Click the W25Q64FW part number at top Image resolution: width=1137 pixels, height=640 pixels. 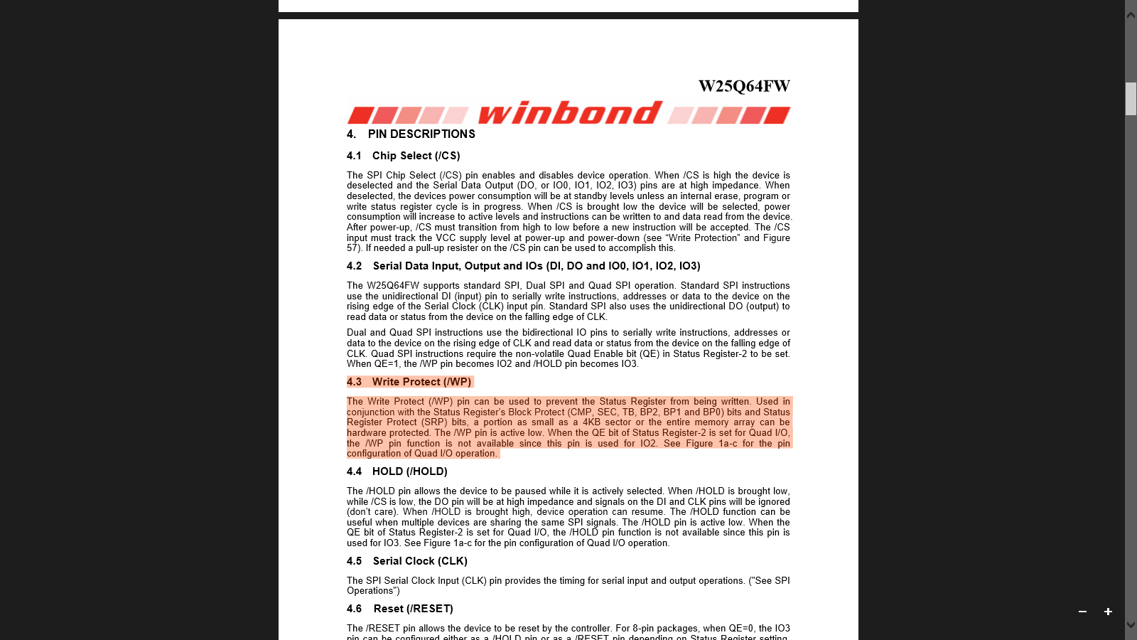click(744, 87)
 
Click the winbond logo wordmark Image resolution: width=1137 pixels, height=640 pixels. click(570, 113)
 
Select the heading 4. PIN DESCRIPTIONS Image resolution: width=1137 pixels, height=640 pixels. click(411, 134)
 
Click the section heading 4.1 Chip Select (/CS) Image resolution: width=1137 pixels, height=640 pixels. click(403, 156)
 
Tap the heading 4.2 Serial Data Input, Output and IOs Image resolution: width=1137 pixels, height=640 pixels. click(523, 266)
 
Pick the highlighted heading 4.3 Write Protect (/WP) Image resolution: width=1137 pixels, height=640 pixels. click(409, 382)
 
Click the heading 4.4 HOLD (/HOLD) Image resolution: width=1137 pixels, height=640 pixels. click(397, 471)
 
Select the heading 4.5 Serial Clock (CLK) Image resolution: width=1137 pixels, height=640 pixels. click(406, 561)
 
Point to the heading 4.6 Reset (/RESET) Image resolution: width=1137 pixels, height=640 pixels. click(399, 609)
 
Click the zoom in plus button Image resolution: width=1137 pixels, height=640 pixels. click(1108, 612)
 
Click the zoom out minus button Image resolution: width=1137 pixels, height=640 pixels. click(1082, 612)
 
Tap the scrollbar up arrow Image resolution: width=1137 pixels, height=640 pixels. click(1131, 14)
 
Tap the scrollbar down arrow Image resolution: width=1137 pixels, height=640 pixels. click(1131, 625)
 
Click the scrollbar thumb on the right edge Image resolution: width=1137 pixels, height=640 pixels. click(1131, 98)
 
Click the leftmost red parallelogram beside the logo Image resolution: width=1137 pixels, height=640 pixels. click(360, 115)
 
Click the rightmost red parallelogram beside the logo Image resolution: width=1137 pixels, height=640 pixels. click(777, 115)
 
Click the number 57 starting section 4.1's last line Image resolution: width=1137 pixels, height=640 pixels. click(352, 248)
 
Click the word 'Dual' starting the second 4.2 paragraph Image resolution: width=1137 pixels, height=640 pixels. click(357, 333)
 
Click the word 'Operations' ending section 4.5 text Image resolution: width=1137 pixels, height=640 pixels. click(371, 591)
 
